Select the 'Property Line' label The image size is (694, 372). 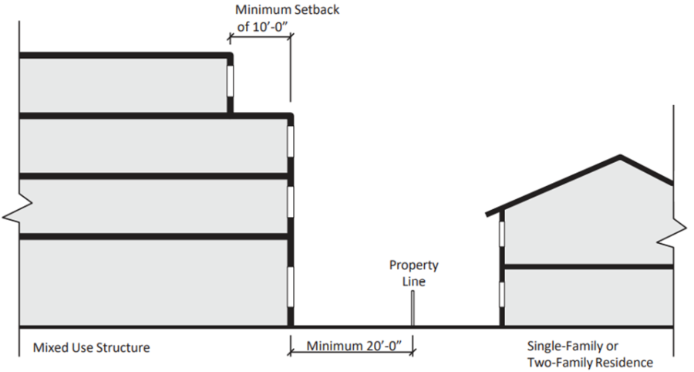(413, 273)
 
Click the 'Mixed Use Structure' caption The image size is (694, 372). (91, 348)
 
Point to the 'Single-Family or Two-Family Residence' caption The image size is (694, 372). (589, 354)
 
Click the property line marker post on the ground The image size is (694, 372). (413, 312)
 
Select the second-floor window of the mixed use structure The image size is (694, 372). (290, 204)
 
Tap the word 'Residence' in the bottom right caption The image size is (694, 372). (624, 362)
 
